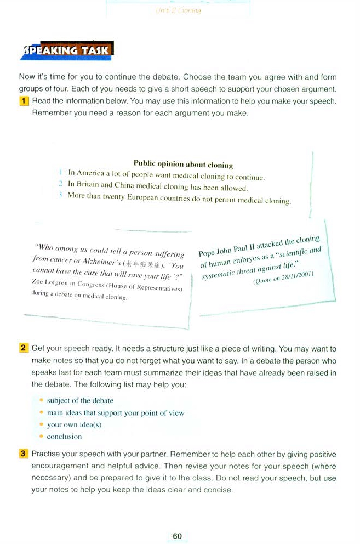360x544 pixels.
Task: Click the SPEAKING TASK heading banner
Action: click(x=67, y=51)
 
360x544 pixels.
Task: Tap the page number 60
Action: click(x=177, y=536)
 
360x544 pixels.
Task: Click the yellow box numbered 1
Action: click(x=24, y=101)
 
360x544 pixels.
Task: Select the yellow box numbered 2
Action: click(x=24, y=348)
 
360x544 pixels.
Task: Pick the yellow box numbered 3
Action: click(x=24, y=454)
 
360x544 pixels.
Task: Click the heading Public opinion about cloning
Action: click(x=183, y=164)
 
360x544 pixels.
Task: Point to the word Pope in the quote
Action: click(x=207, y=253)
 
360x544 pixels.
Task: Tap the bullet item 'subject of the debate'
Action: click(x=80, y=400)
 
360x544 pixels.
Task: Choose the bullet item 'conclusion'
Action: click(x=64, y=437)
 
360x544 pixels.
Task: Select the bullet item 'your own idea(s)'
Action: click(x=75, y=424)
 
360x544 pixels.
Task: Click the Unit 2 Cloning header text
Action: click(x=179, y=10)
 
